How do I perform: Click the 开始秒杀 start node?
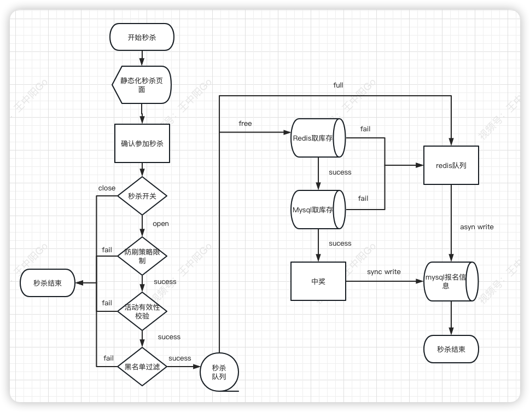pyautogui.click(x=142, y=37)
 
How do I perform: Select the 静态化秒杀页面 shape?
pyautogui.click(x=142, y=85)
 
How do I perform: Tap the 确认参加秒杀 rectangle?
pyautogui.click(x=142, y=143)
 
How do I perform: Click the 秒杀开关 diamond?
pyautogui.click(x=142, y=196)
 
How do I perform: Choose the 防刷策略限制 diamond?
pyautogui.click(x=142, y=256)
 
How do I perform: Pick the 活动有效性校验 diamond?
pyautogui.click(x=142, y=311)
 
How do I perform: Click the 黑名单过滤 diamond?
pyautogui.click(x=142, y=367)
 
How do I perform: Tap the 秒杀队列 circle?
pyautogui.click(x=219, y=373)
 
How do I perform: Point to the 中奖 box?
pyautogui.click(x=318, y=281)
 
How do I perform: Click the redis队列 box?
pyautogui.click(x=451, y=165)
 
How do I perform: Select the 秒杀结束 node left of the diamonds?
pyautogui.click(x=48, y=283)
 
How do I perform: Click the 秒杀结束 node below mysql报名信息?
pyautogui.click(x=451, y=349)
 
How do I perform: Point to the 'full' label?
pyautogui.click(x=338, y=85)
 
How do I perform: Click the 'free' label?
pyautogui.click(x=245, y=124)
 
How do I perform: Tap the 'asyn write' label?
pyautogui.click(x=476, y=227)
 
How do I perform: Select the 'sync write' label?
pyautogui.click(x=383, y=272)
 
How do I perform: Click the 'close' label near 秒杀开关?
pyautogui.click(x=107, y=188)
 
